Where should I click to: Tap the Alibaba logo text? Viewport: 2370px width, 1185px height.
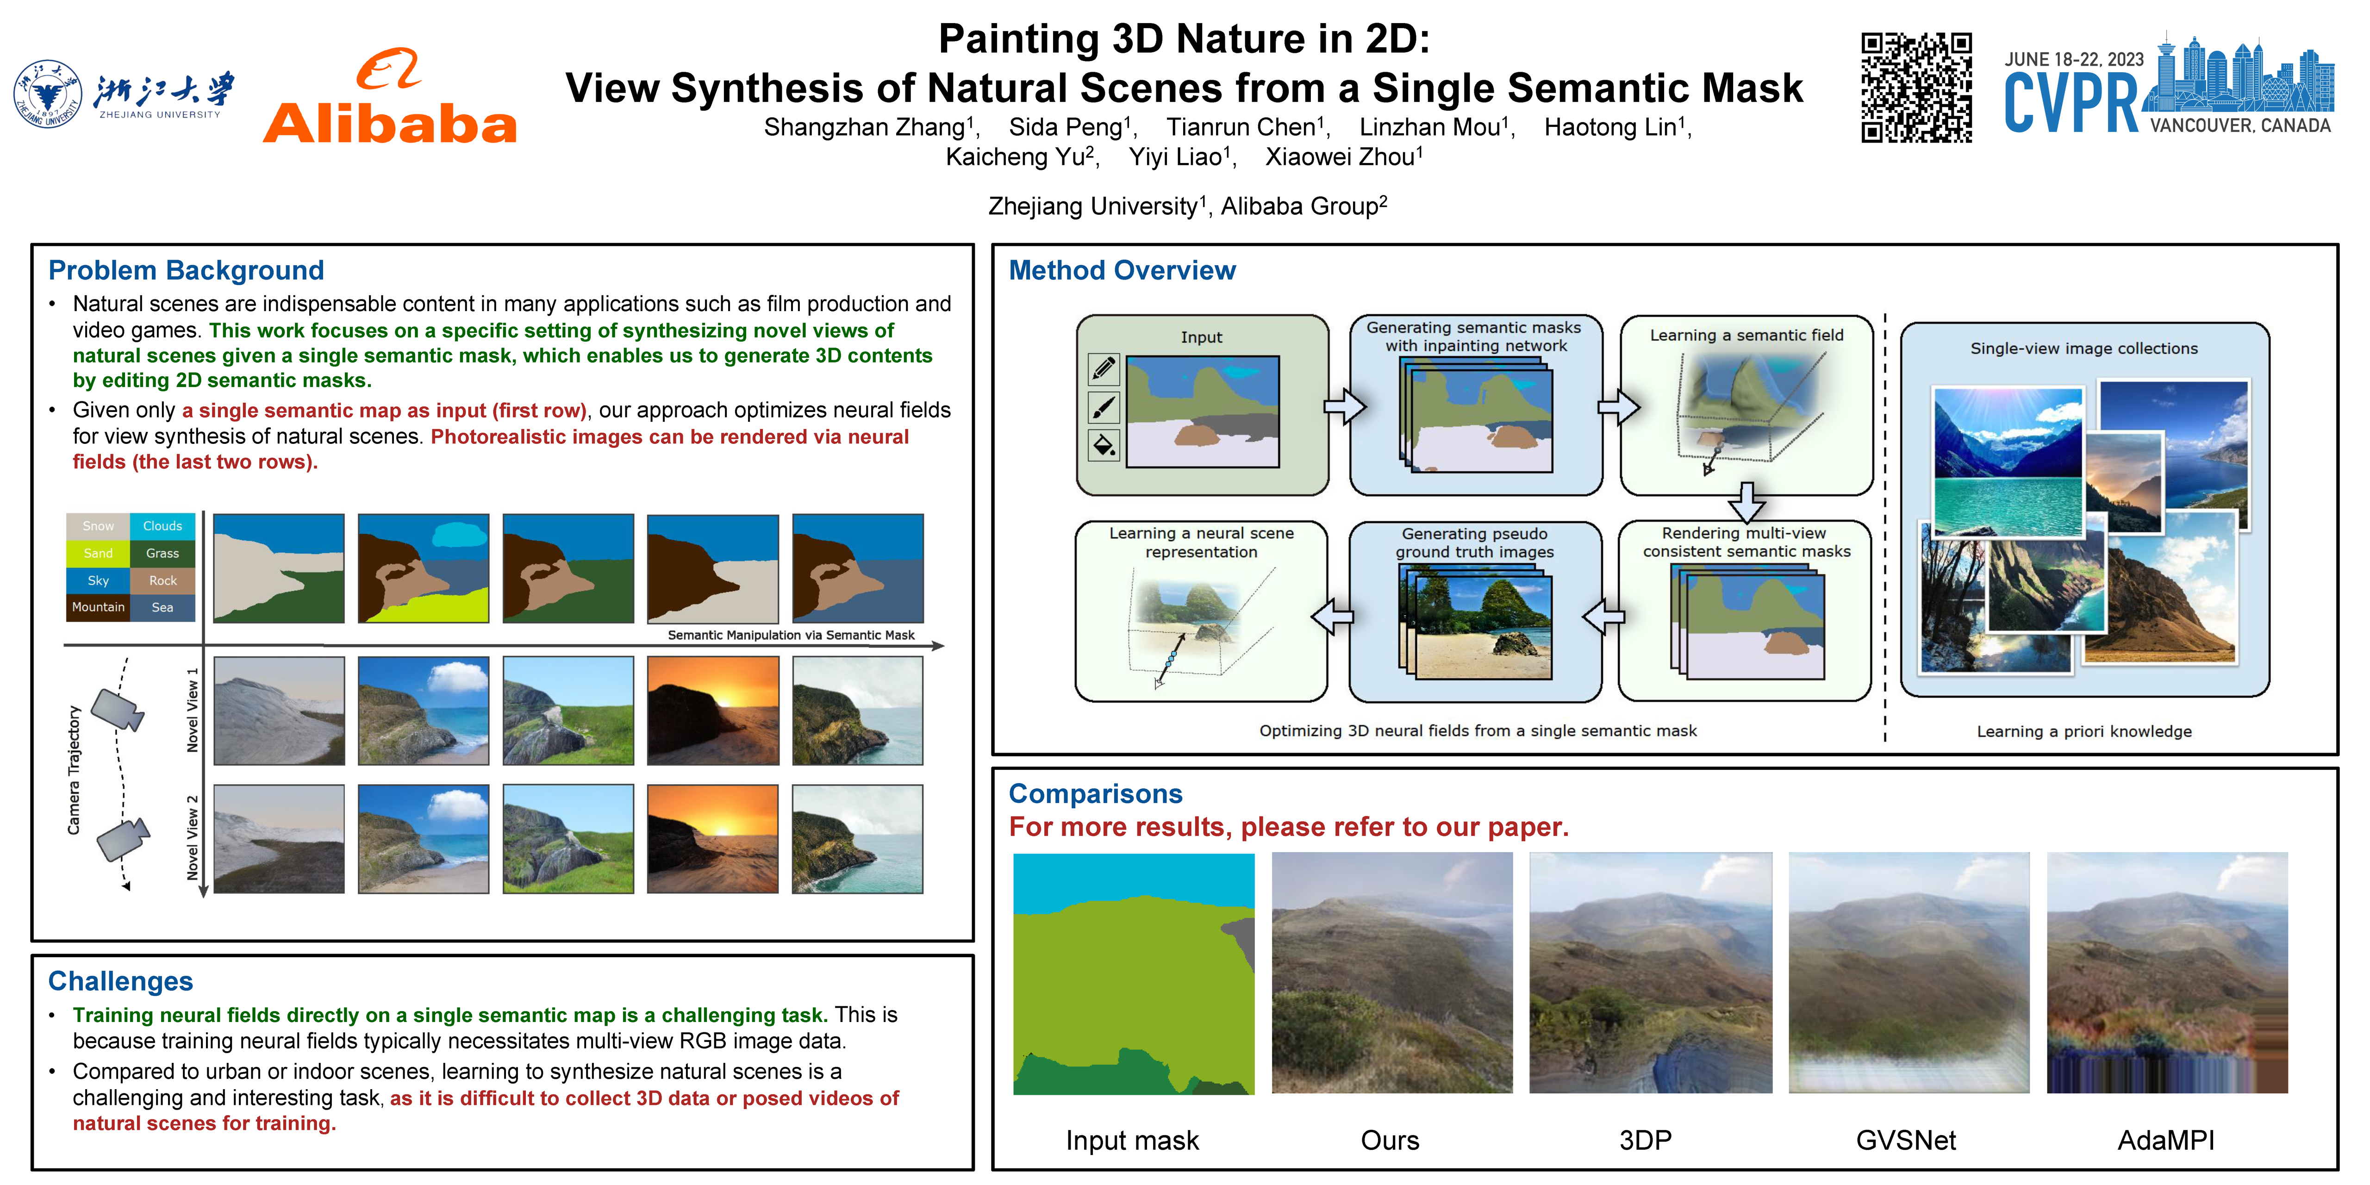click(x=390, y=124)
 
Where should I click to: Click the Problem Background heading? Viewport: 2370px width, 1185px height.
click(x=186, y=270)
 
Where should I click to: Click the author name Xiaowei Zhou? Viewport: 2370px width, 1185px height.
click(x=1344, y=157)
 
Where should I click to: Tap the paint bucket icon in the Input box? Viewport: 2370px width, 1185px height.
click(x=1103, y=445)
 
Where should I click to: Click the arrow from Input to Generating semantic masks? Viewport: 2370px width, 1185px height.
click(x=1344, y=406)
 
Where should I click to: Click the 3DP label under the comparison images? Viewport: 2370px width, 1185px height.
click(x=1645, y=1141)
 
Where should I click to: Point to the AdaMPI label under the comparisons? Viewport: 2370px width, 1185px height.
click(x=2166, y=1141)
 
